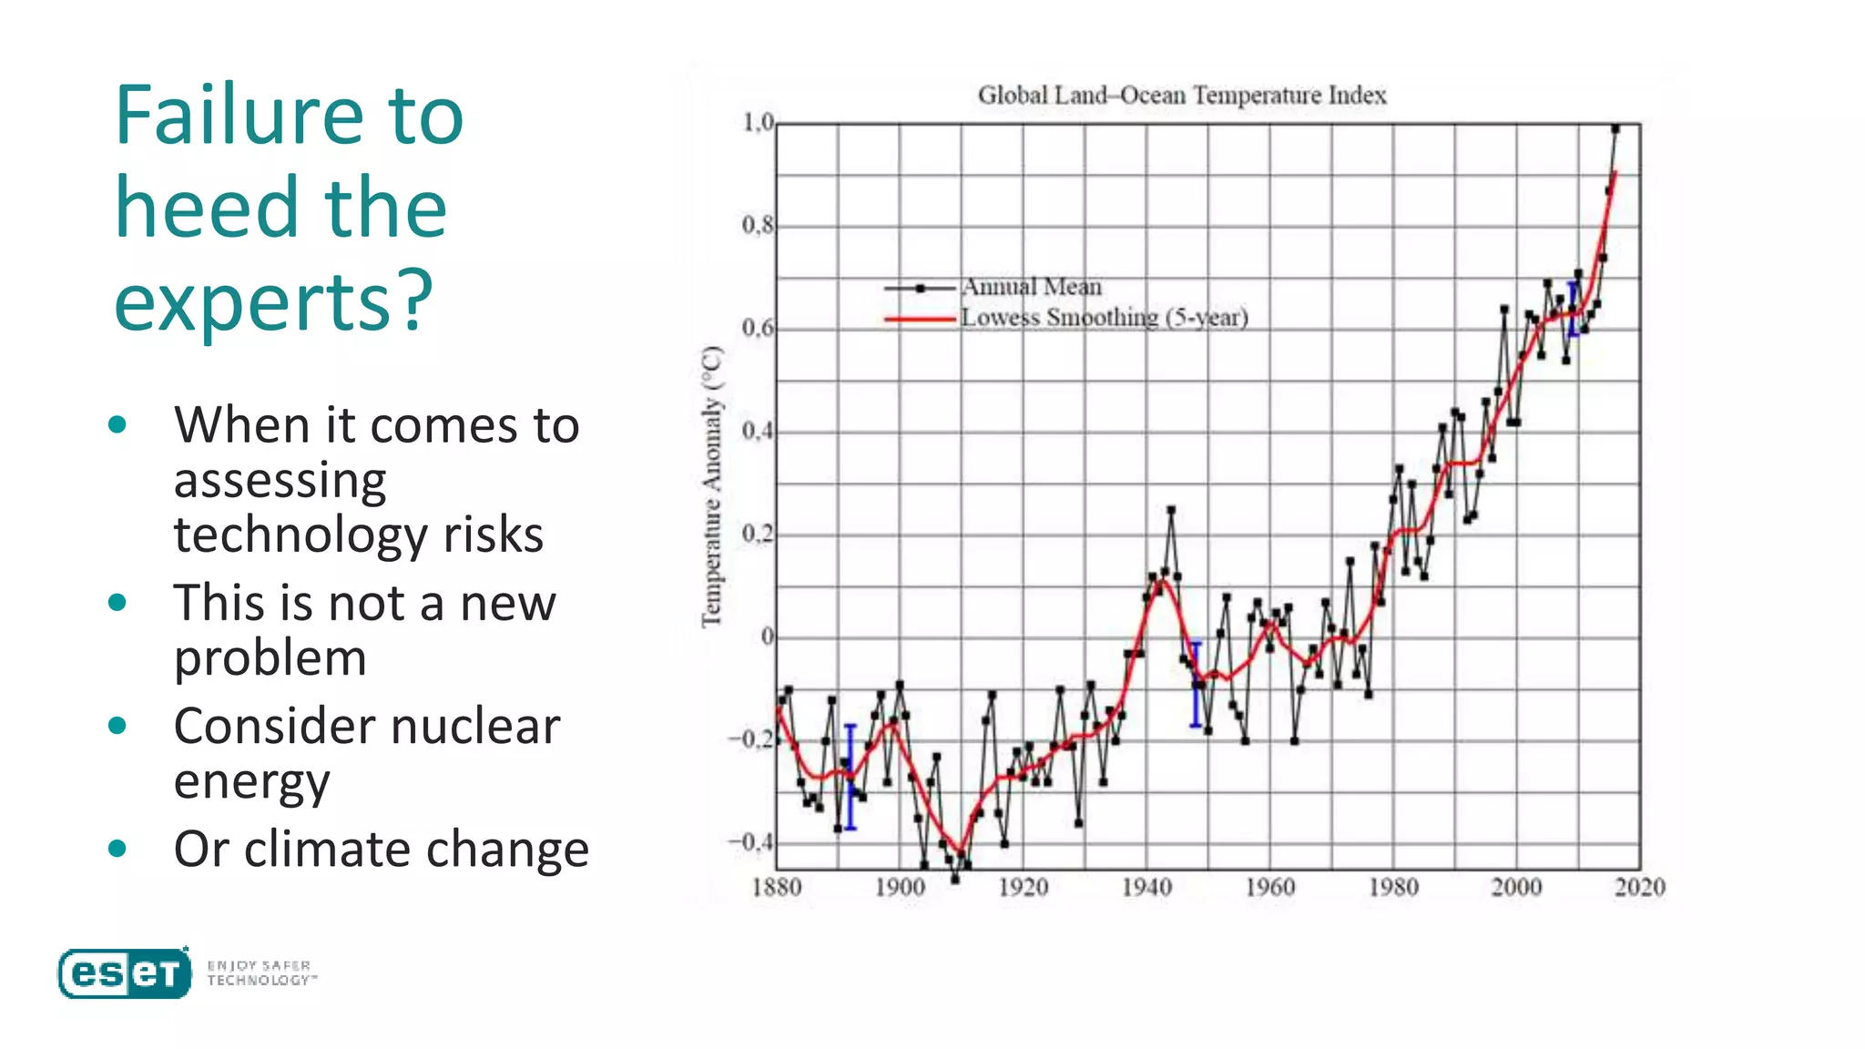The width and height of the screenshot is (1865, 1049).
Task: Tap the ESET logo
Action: [x=125, y=973]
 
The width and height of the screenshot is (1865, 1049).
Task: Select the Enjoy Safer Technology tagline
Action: [x=260, y=973]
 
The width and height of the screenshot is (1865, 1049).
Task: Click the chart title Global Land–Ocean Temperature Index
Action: [x=1181, y=96]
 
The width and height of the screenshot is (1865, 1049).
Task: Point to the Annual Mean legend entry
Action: [x=1031, y=287]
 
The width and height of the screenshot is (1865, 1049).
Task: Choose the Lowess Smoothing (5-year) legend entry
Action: [x=1104, y=318]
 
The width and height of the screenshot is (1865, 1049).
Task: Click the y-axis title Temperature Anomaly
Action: [x=711, y=486]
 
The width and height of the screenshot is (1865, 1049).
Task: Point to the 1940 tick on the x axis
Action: [x=1146, y=887]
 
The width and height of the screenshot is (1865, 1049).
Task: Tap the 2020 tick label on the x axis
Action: [x=1639, y=887]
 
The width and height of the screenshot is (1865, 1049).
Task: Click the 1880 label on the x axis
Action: [x=776, y=887]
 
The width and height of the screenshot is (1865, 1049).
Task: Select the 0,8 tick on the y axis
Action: [x=757, y=225]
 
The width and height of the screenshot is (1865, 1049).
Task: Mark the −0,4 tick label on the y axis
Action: [x=750, y=842]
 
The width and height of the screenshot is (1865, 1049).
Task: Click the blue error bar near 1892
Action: [x=851, y=777]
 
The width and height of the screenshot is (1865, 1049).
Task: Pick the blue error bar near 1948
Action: [x=1196, y=685]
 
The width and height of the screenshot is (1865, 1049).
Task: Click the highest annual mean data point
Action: [x=1615, y=129]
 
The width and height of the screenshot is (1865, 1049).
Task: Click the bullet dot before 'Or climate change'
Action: [x=117, y=849]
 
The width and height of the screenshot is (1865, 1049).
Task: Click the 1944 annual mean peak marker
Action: [x=1171, y=510]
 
